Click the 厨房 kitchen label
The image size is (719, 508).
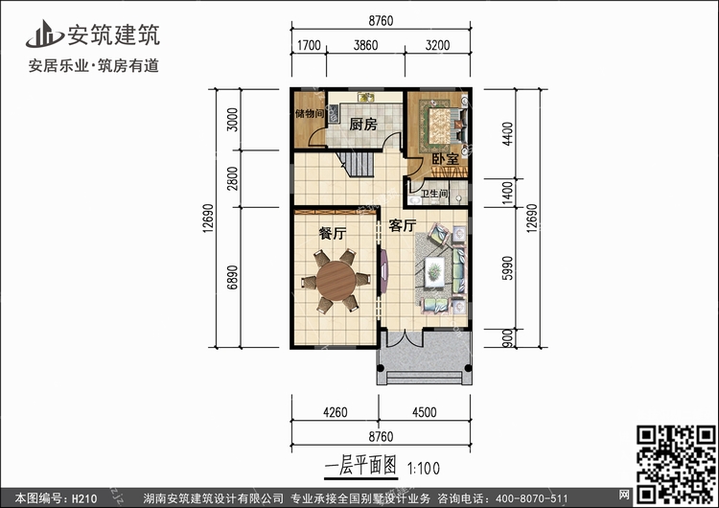point(363,124)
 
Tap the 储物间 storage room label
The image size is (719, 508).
point(310,113)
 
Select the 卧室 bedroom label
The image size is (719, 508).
point(445,159)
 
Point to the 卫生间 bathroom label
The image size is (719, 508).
point(434,194)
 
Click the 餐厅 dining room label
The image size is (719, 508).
point(333,233)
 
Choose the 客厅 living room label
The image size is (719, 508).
point(402,225)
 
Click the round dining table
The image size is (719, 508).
point(336,281)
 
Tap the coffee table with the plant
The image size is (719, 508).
point(434,272)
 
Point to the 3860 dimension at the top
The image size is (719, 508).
point(365,45)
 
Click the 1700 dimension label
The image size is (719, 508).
point(309,45)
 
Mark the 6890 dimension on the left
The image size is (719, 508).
point(233,277)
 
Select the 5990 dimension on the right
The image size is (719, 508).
point(507,267)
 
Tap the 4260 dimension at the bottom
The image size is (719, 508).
point(336,412)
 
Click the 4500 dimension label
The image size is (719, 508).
point(424,412)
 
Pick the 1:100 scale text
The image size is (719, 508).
point(423,468)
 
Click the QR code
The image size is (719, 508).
point(676,464)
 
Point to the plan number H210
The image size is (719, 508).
point(84,498)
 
